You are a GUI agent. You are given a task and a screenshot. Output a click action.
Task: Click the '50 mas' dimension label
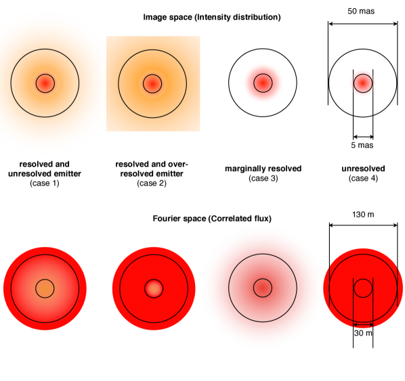pyautogui.click(x=361, y=12)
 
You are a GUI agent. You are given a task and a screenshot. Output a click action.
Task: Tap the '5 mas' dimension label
pyautogui.click(x=362, y=145)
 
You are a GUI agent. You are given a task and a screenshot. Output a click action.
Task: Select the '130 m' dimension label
pyautogui.click(x=363, y=215)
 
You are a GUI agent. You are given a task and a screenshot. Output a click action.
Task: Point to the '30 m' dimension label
pyautogui.click(x=363, y=333)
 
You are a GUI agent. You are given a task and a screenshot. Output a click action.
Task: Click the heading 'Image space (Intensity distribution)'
pyautogui.click(x=212, y=18)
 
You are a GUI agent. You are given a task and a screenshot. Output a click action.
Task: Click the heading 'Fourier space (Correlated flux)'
pyautogui.click(x=212, y=219)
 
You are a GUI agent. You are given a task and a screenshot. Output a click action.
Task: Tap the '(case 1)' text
pyautogui.click(x=45, y=183)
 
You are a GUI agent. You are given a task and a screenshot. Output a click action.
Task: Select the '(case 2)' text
pyautogui.click(x=152, y=183)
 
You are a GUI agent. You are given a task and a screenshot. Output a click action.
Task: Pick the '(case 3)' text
pyautogui.click(x=263, y=179)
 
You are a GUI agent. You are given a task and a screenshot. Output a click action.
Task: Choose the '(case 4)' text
pyautogui.click(x=363, y=179)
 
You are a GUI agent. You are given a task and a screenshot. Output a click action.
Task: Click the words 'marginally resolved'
pyautogui.click(x=263, y=169)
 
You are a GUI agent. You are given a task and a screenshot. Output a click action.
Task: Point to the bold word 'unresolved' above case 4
pyautogui.click(x=363, y=169)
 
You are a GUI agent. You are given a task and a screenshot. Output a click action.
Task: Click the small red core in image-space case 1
pyautogui.click(x=45, y=83)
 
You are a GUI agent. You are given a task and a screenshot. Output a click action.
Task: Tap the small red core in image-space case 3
pyautogui.click(x=263, y=83)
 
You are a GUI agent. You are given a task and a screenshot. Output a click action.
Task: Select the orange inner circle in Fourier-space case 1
pyautogui.click(x=45, y=288)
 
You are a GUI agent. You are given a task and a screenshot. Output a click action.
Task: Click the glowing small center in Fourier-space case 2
pyautogui.click(x=154, y=288)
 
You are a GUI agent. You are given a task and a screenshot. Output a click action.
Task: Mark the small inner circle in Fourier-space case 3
pyautogui.click(x=263, y=288)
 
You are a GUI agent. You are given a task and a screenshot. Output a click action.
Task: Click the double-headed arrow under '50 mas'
pyautogui.click(x=363, y=24)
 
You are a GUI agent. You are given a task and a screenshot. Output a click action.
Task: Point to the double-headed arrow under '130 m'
pyautogui.click(x=363, y=225)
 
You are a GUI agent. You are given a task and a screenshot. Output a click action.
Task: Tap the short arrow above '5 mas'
pyautogui.click(x=363, y=137)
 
